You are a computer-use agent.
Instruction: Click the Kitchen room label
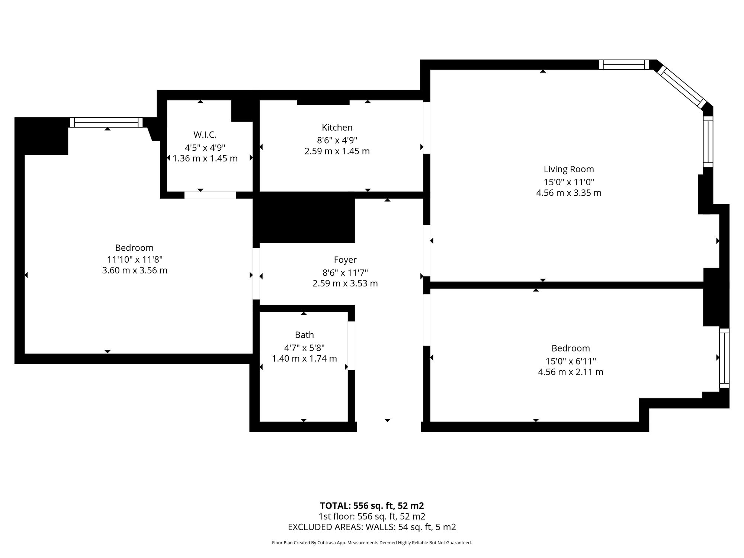pos(337,128)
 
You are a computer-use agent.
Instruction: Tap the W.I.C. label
pos(205,135)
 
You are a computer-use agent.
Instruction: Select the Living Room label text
pos(569,169)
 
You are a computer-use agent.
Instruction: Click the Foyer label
pos(345,260)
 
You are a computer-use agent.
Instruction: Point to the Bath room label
pos(304,335)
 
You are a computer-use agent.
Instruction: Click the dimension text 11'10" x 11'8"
pos(135,259)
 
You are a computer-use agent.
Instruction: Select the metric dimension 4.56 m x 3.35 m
pos(569,193)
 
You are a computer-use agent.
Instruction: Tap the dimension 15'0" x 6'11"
pos(571,361)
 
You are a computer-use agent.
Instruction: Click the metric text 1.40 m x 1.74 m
pos(304,359)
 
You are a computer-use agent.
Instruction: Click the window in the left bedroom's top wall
pos(106,122)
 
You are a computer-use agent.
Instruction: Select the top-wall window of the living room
pos(624,65)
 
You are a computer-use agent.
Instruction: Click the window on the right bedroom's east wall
pos(724,358)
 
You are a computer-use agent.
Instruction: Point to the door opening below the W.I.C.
pos(210,195)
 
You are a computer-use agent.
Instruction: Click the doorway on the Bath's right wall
pos(351,346)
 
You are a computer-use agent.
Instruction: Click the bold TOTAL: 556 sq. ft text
pos(372,506)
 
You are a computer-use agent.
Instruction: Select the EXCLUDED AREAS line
pos(372,527)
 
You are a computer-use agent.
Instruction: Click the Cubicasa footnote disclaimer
pos(372,543)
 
